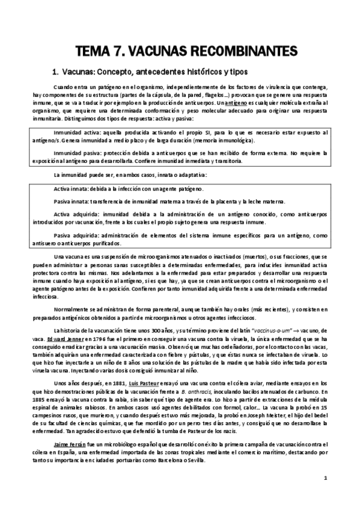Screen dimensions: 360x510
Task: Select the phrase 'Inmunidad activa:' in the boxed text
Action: tap(75, 130)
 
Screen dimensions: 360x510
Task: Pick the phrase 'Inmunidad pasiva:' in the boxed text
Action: tap(75, 152)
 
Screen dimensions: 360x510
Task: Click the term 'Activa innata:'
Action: tap(70, 189)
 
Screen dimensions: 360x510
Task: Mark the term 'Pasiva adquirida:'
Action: tap(75, 235)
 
